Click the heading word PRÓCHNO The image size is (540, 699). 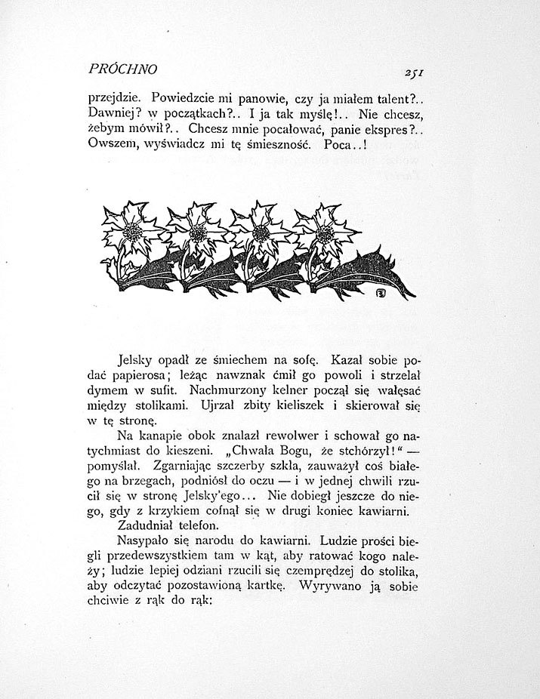122,69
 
